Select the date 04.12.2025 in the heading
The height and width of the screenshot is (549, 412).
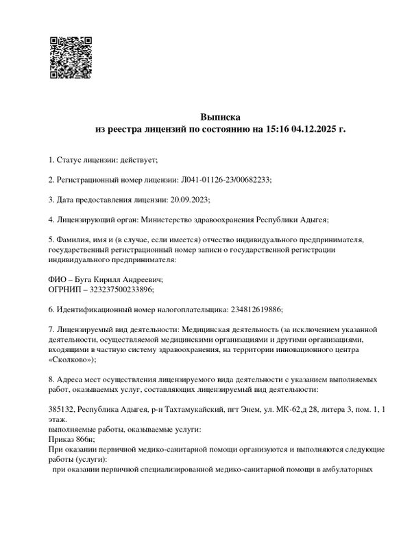coord(314,128)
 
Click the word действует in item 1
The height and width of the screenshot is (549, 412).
coord(138,160)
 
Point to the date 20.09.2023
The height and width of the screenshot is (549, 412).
coord(189,200)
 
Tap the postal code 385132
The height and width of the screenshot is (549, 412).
coord(60,409)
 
